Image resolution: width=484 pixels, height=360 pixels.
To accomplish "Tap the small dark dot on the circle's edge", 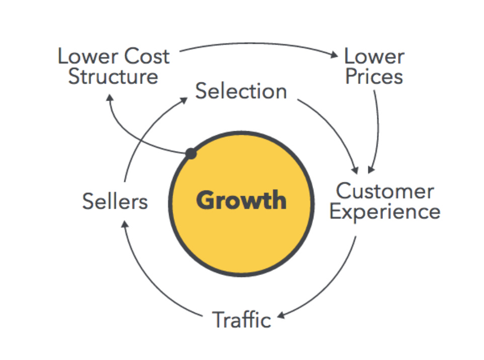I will [x=191, y=154].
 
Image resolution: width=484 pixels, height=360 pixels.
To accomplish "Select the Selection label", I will [x=241, y=91].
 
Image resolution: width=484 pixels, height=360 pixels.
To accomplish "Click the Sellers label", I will [x=115, y=202].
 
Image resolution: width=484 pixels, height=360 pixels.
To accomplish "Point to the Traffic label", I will [x=241, y=320].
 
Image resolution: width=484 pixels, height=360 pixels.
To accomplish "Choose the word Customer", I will [x=385, y=192].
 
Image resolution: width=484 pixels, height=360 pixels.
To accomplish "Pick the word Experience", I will [x=385, y=212].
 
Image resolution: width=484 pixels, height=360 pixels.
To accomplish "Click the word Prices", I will [x=374, y=76].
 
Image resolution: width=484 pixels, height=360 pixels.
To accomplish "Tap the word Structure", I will [x=113, y=76].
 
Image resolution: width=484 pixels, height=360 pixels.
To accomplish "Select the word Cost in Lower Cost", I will [x=146, y=56].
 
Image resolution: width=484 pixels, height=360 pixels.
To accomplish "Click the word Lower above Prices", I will [x=374, y=56].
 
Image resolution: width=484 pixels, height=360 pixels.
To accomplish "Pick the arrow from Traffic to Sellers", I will [x=151, y=282].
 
